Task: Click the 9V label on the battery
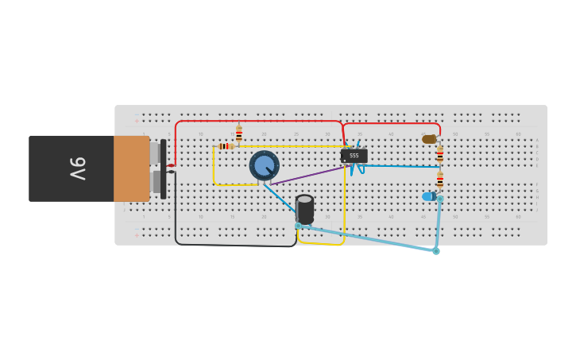point(77,168)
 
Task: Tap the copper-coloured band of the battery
point(131,168)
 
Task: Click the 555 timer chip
point(354,155)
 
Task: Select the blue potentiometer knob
point(264,165)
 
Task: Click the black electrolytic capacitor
point(305,209)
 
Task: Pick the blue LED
point(428,196)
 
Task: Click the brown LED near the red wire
point(429,139)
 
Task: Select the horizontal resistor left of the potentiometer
point(226,146)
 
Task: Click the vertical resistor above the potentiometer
point(238,134)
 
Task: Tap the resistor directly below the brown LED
point(439,156)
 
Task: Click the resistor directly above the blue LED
point(439,180)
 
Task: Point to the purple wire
point(310,174)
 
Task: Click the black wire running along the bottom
point(238,245)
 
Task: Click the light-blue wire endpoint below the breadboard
point(436,251)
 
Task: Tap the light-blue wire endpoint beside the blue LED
point(439,198)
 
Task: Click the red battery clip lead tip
point(171,165)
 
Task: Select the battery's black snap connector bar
point(164,168)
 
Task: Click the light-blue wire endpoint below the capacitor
point(298,226)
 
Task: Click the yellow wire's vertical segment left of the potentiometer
point(213,167)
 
